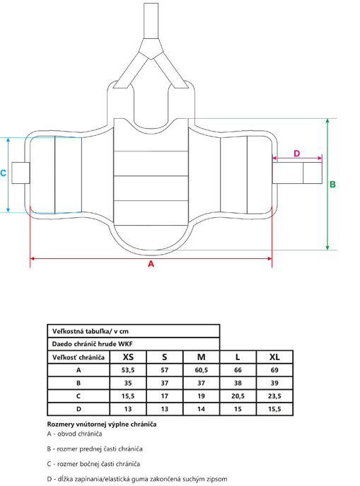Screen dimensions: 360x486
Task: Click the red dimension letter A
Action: tap(151, 264)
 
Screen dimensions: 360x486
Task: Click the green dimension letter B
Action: tap(332, 185)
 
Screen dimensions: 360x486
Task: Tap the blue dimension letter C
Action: tap(3, 173)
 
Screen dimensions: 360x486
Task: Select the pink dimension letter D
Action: tap(297, 154)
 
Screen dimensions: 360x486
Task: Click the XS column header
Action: tap(128, 357)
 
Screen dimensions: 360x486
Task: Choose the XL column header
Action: tap(274, 357)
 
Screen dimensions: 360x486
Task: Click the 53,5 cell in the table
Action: tap(128, 370)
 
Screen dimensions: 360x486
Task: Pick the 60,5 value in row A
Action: tap(202, 370)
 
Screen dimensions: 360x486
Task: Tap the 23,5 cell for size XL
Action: tap(274, 396)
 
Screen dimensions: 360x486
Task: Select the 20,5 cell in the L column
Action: tap(238, 396)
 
